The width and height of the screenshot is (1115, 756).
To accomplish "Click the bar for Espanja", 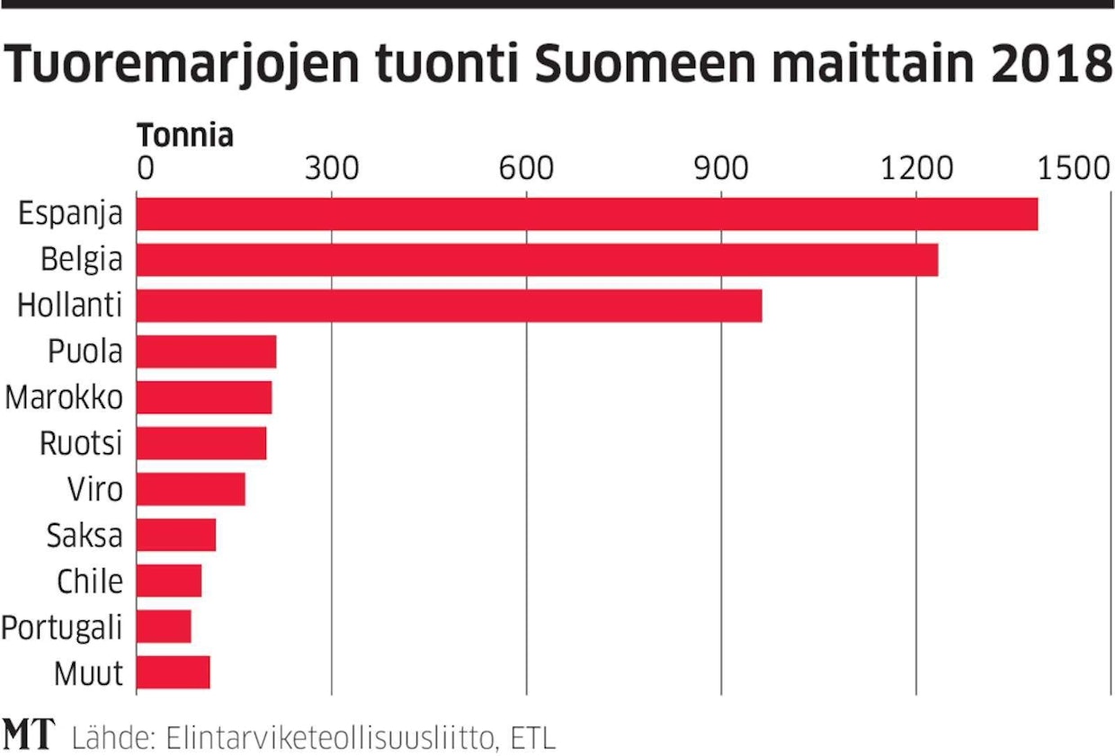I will [587, 214].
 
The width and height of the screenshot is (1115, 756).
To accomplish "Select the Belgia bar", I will [537, 260].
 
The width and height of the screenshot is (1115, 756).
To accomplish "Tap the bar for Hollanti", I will [449, 306].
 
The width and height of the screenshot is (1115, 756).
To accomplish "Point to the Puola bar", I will [206, 351].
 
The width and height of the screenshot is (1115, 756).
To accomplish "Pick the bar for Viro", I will [191, 489].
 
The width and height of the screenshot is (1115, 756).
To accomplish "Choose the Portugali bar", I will [164, 627].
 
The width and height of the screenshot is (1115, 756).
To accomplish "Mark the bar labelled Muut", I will [173, 672].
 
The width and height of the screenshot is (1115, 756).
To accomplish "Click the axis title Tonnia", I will [185, 136].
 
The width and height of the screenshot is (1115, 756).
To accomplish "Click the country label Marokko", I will [64, 397].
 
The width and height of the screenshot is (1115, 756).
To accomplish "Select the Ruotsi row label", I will [81, 443].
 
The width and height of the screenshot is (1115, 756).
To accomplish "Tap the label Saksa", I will [85, 536].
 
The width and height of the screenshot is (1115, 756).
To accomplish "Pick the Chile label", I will [90, 582].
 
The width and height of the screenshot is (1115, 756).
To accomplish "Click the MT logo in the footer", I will [29, 735].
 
